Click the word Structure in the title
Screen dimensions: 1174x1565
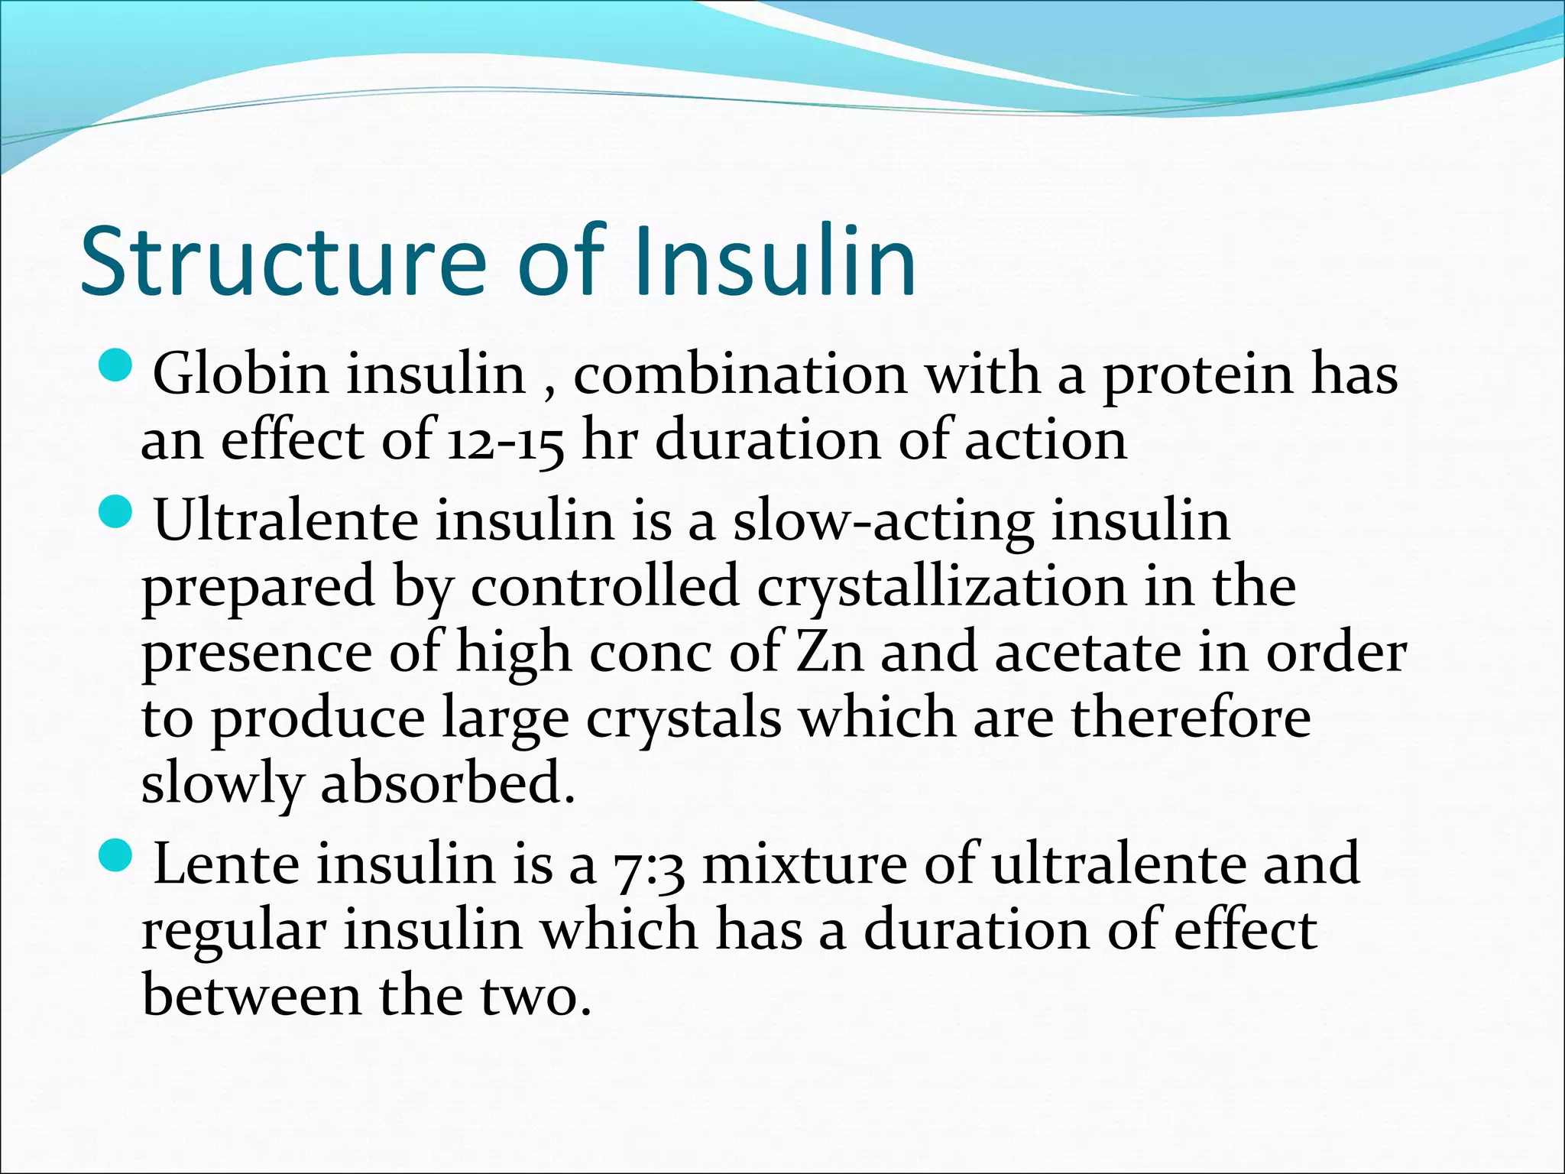[x=283, y=261]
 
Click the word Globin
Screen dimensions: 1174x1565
[x=240, y=375]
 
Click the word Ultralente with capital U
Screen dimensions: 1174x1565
[x=286, y=521]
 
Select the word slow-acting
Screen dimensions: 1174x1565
[x=883, y=522]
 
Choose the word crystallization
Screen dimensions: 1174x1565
[x=941, y=588]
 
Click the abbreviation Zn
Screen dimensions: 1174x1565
[x=829, y=653]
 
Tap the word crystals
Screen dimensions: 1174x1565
[x=684, y=720]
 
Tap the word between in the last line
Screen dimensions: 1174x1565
[x=251, y=996]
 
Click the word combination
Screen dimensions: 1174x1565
[x=740, y=375]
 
